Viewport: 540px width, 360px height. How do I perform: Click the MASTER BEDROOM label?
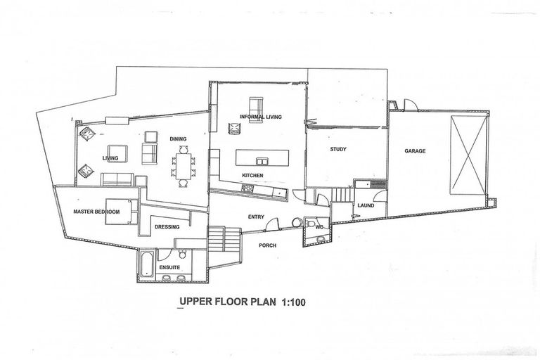point(97,212)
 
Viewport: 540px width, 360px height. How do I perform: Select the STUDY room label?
point(340,149)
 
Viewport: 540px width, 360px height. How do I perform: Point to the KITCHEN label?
point(252,174)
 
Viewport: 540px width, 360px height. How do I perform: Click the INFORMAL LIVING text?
point(260,117)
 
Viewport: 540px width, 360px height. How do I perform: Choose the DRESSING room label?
point(167,226)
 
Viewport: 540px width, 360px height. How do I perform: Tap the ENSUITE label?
point(169,268)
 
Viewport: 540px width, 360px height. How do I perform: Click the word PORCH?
point(266,245)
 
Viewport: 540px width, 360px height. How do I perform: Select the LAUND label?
point(366,205)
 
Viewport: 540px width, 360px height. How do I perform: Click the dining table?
point(181,166)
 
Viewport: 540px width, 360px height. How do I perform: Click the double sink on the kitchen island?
point(263,157)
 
